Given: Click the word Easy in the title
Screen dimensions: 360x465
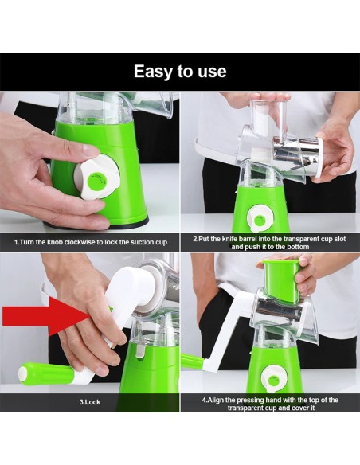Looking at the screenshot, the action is [153, 72].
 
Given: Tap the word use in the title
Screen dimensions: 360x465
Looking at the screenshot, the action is [213, 72].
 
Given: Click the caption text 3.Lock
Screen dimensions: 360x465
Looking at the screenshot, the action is [89, 402].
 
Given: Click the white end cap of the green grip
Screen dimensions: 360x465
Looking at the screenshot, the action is [22, 373].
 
